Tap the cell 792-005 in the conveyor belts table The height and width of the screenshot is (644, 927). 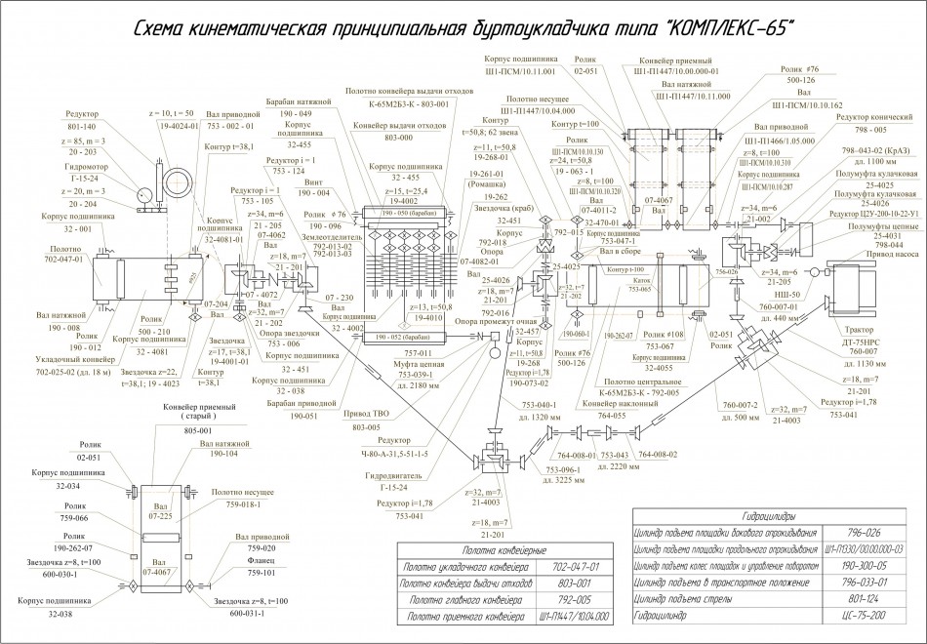573,600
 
